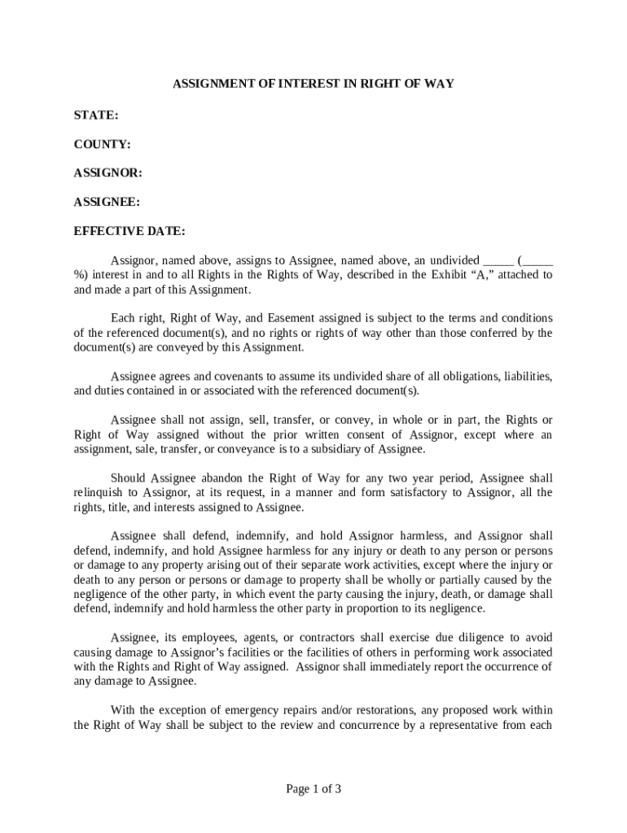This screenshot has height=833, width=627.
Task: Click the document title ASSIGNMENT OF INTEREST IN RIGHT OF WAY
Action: (313, 84)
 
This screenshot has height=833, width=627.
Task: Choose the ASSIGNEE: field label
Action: (107, 202)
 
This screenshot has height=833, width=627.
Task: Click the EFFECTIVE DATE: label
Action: (129, 231)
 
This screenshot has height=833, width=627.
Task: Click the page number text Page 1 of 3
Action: (313, 788)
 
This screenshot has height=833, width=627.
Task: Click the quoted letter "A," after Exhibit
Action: (480, 275)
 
